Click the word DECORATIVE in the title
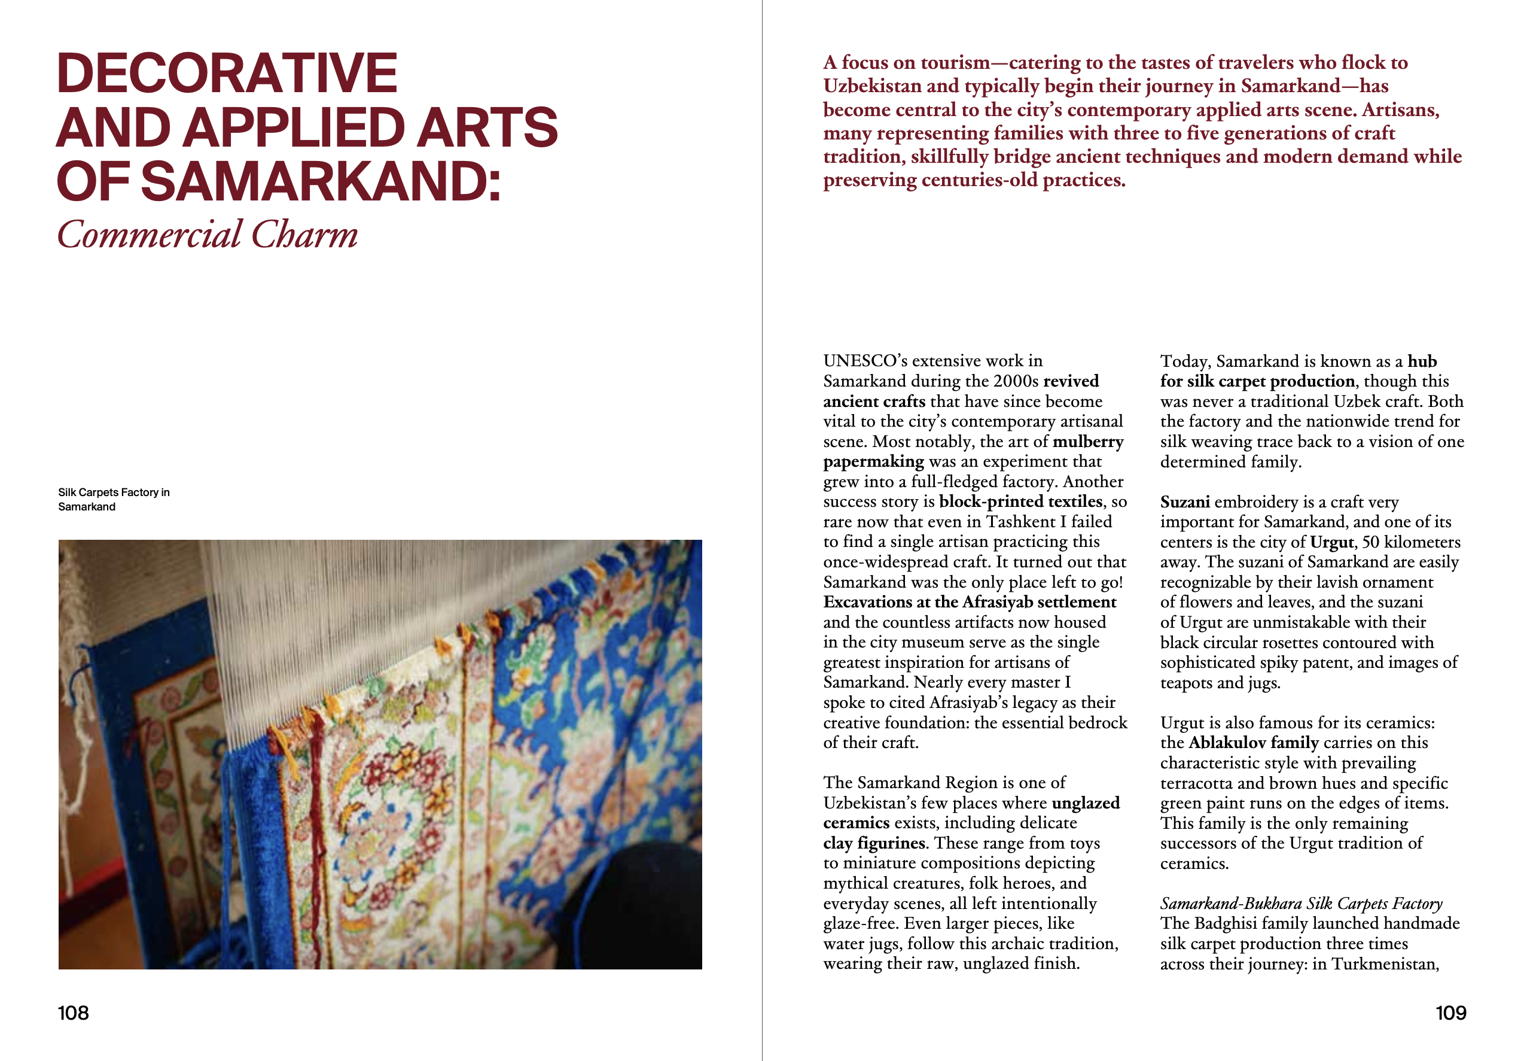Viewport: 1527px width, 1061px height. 227,73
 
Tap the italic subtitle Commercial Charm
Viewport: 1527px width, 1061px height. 208,235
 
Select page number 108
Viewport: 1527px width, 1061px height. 73,1013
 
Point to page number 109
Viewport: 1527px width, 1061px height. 1450,1013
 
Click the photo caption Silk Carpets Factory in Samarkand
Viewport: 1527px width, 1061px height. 113,499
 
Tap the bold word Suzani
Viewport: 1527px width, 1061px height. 1184,502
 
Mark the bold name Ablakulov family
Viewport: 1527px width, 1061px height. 1253,743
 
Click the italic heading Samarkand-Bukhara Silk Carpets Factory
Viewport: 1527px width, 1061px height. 1300,904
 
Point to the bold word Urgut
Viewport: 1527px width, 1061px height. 1331,542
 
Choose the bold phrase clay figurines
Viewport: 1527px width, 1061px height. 874,843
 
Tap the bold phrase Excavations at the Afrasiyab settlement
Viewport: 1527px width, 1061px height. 970,602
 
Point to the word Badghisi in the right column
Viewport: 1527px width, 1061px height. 1226,923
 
